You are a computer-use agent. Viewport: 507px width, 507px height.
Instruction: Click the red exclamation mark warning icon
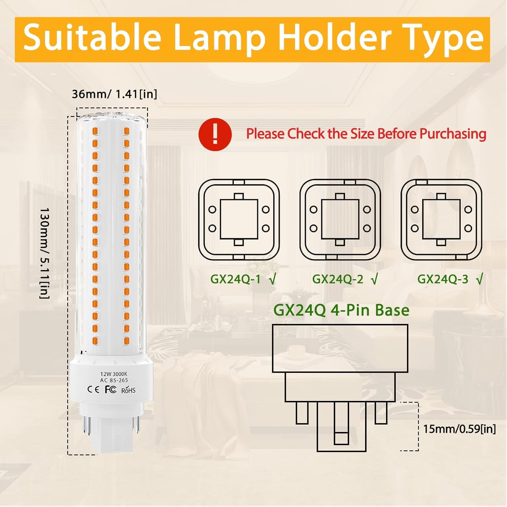click(x=215, y=134)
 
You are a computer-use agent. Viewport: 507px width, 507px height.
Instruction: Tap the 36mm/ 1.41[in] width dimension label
click(x=115, y=94)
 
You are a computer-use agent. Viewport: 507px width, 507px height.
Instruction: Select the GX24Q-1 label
click(x=236, y=279)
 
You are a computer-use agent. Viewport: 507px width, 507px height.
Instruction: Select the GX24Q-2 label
click(x=338, y=279)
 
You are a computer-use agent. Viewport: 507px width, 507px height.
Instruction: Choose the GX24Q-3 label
click(x=443, y=279)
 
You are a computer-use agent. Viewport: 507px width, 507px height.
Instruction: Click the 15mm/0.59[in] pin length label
click(x=459, y=429)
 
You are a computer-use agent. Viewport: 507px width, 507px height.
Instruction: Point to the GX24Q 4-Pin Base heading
click(x=341, y=310)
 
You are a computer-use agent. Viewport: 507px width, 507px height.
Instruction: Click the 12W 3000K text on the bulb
click(x=114, y=374)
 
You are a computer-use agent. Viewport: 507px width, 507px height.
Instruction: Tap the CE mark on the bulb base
click(x=93, y=389)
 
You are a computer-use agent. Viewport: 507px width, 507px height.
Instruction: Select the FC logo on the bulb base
click(x=111, y=389)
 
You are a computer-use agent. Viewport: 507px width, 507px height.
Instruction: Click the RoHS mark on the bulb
click(x=128, y=390)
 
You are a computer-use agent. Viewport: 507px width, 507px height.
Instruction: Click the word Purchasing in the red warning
click(x=453, y=134)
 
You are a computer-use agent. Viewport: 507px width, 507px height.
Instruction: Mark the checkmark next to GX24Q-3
click(x=480, y=279)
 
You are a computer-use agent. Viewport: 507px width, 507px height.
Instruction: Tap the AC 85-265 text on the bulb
click(x=114, y=380)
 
